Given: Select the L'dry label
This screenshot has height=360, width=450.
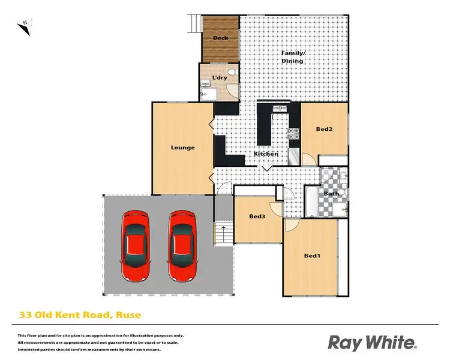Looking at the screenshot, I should click(219, 78).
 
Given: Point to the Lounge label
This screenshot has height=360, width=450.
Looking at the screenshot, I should click(182, 148).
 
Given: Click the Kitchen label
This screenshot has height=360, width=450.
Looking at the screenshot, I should click(266, 154).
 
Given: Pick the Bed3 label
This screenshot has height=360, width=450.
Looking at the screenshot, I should click(257, 217).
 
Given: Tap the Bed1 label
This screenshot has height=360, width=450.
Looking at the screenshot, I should click(313, 256).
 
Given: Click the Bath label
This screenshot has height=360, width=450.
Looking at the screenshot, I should click(331, 194).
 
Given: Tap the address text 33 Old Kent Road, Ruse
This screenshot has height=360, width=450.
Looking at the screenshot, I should click(79, 314).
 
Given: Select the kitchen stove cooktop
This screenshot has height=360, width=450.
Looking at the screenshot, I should click(293, 134).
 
